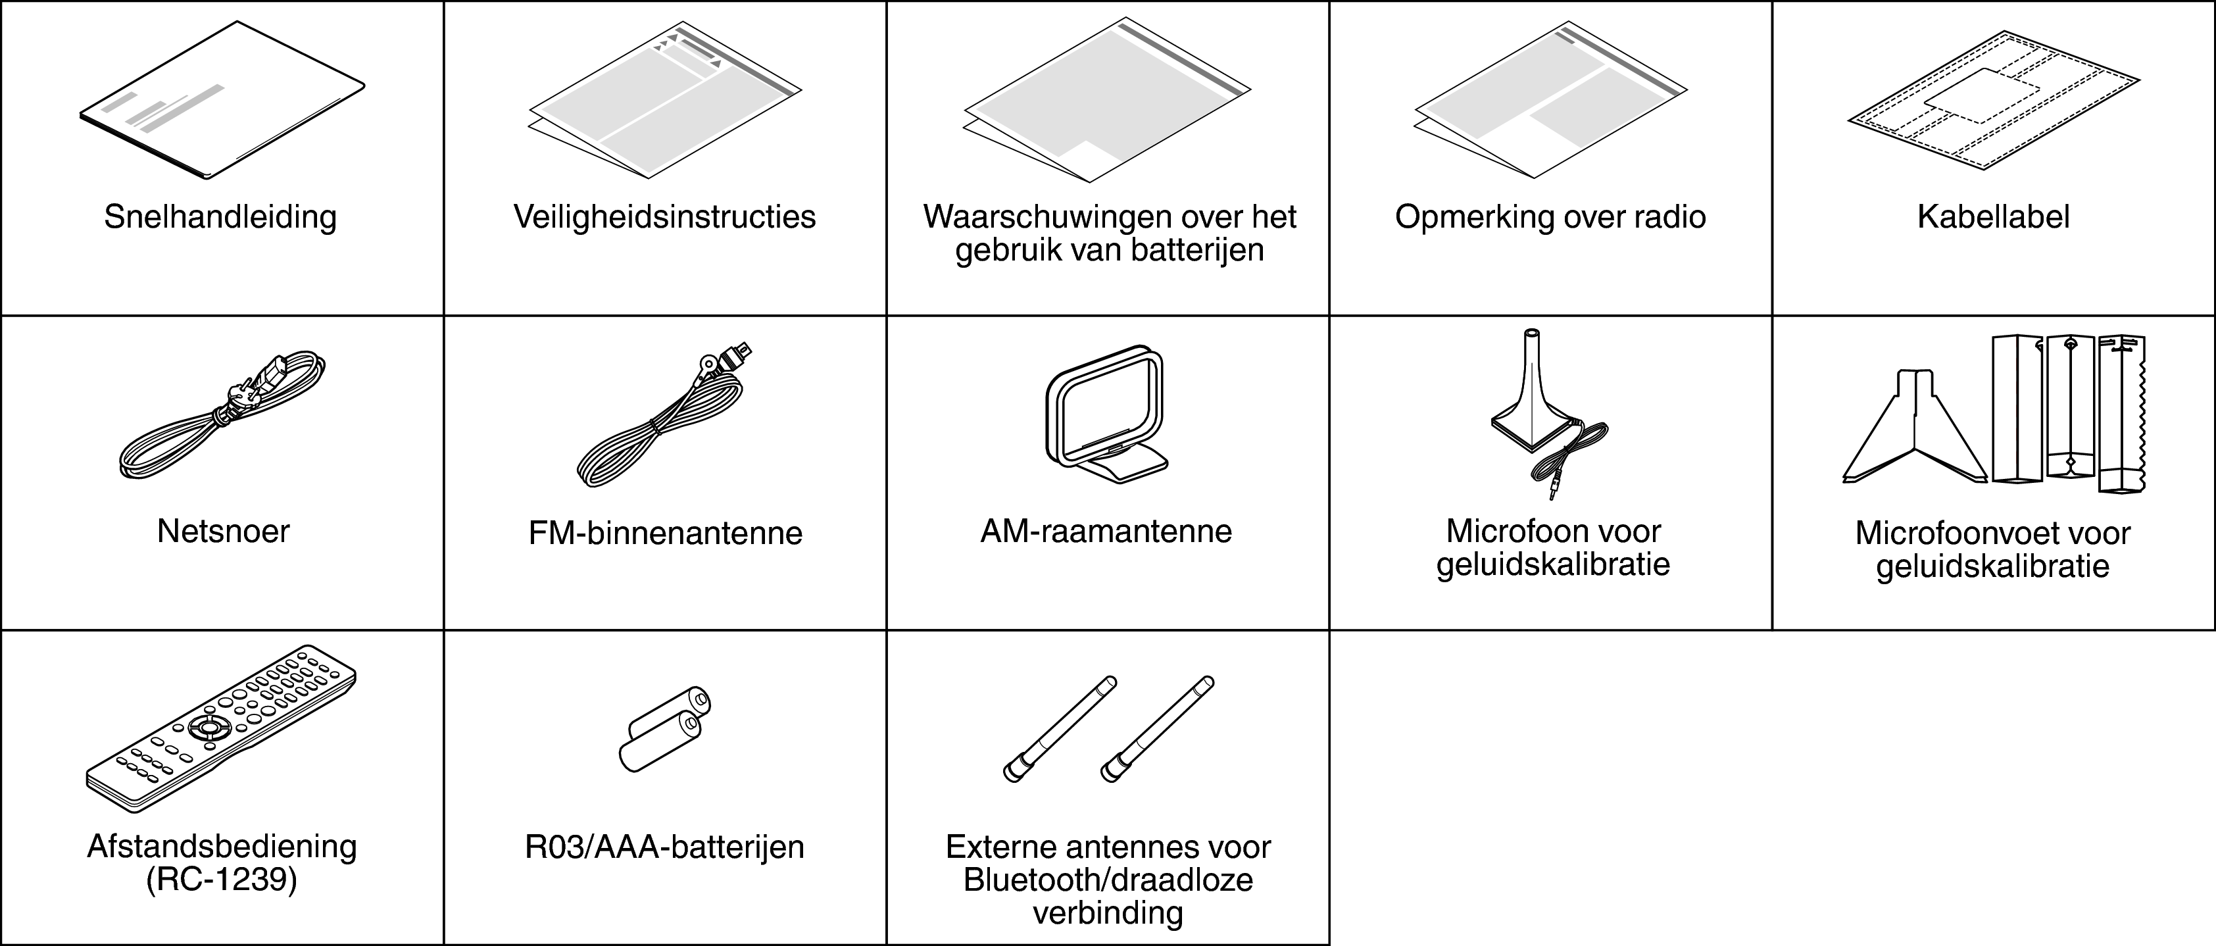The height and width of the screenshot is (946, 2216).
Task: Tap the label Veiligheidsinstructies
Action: tap(664, 216)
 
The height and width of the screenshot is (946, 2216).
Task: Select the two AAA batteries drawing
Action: tap(664, 730)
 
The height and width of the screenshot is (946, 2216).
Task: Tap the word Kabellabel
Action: tap(1993, 216)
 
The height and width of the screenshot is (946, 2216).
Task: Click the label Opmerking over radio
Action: tap(1550, 216)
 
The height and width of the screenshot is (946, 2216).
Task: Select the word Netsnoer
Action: tap(223, 532)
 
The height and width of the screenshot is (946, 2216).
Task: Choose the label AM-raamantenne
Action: tap(1106, 532)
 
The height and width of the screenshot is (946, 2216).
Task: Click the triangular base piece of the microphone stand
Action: tap(1915, 430)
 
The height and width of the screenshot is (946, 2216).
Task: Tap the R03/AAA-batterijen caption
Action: tap(664, 847)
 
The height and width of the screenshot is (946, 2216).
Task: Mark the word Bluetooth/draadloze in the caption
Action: tap(1108, 880)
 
